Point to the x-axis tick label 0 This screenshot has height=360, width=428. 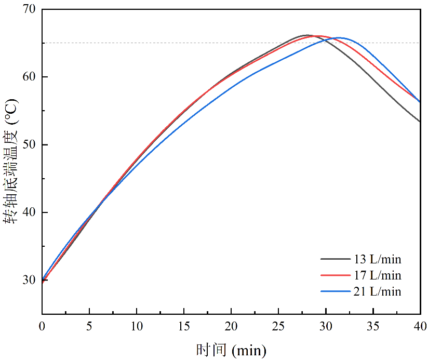(42, 326)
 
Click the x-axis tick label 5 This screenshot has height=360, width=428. (89, 326)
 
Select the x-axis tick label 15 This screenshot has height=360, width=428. (184, 326)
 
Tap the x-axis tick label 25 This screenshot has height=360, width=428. (278, 326)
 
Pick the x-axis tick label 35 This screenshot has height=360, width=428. (373, 326)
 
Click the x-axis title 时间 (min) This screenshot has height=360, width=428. (231, 350)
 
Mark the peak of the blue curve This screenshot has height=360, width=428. (340, 37)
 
